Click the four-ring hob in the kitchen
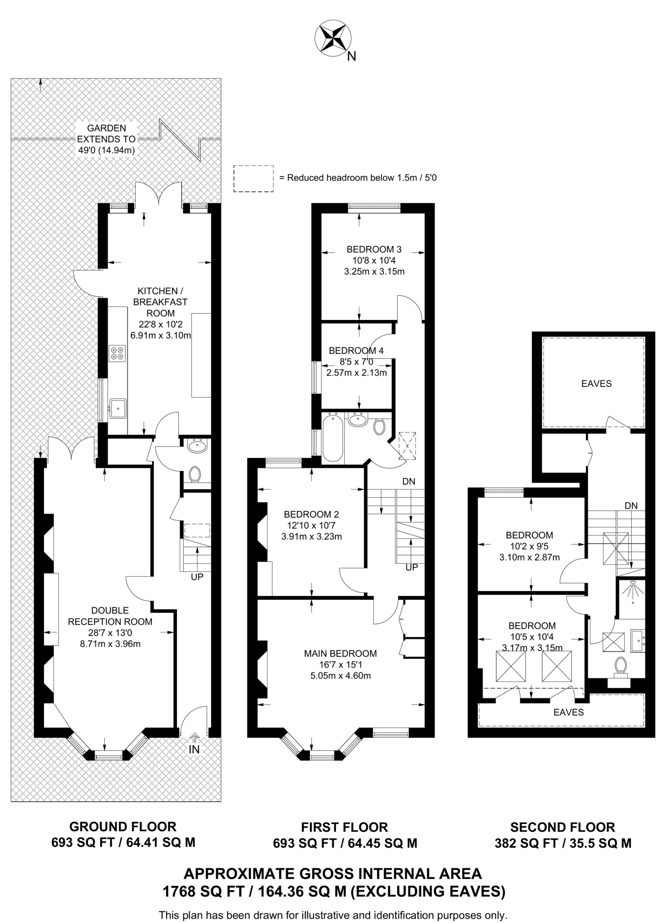click(x=118, y=353)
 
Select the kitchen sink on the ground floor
click(x=118, y=408)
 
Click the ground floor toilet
click(x=195, y=475)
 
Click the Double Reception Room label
click(x=110, y=616)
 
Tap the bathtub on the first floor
click(x=332, y=438)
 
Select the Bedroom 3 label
click(x=374, y=249)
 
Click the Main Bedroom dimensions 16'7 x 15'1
click(x=340, y=665)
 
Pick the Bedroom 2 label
click(x=311, y=514)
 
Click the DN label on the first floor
click(x=409, y=481)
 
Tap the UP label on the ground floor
click(x=197, y=576)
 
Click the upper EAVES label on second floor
click(x=596, y=384)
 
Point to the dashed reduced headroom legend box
click(x=253, y=179)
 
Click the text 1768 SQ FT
click(x=203, y=891)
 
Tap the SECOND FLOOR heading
click(x=562, y=827)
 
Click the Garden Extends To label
click(x=107, y=139)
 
